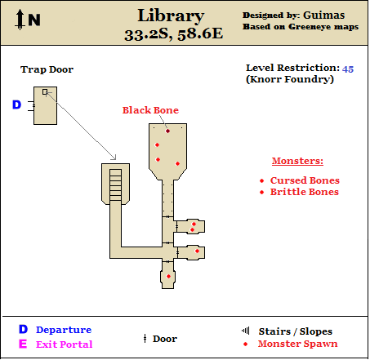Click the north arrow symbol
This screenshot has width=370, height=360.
(x=20, y=19)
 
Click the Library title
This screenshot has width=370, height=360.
(x=171, y=16)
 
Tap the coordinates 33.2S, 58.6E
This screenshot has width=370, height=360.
(x=173, y=34)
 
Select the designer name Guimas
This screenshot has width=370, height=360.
(x=324, y=16)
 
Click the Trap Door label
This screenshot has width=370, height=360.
(x=47, y=69)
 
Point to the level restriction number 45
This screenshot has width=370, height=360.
(x=348, y=69)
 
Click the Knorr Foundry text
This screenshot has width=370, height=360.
(x=290, y=79)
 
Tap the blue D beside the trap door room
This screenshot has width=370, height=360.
(x=16, y=104)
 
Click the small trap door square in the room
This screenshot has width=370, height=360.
(x=45, y=92)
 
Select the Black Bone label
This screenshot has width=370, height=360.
(x=150, y=110)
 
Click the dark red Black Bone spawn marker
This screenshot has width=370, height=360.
(x=167, y=131)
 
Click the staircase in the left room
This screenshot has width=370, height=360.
(x=115, y=185)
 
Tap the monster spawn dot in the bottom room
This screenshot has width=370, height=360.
(x=168, y=277)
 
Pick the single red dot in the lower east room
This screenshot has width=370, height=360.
(x=197, y=251)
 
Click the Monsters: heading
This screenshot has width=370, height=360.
(x=297, y=161)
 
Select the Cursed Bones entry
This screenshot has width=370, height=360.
(x=305, y=180)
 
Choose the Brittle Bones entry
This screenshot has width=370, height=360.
(x=305, y=192)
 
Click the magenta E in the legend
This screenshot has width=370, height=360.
(x=23, y=344)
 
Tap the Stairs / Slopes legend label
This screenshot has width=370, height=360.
(x=296, y=331)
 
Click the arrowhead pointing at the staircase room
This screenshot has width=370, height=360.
(x=114, y=158)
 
